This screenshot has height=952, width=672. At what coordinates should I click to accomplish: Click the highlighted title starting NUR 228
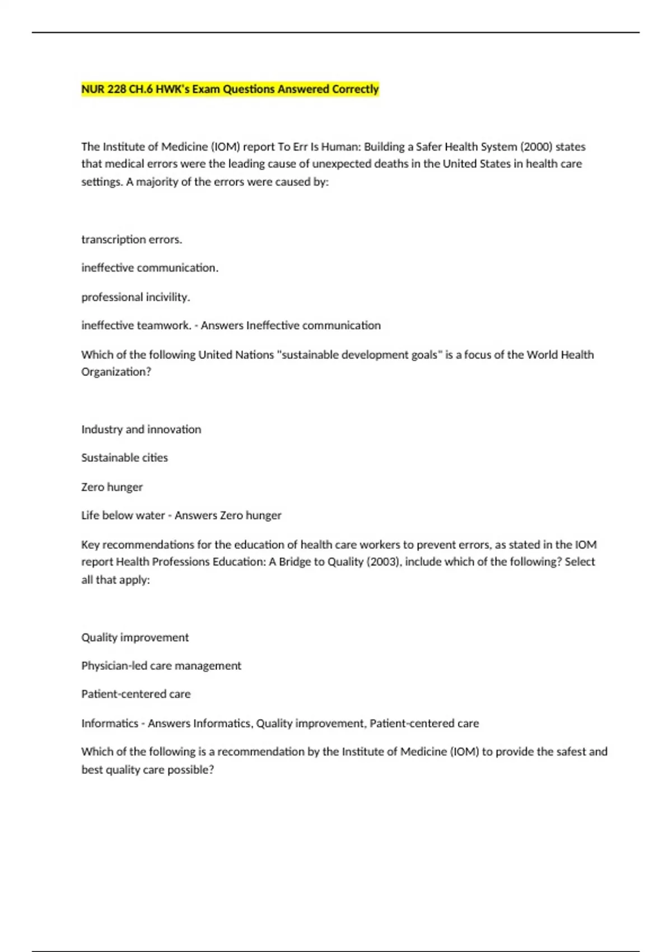[230, 89]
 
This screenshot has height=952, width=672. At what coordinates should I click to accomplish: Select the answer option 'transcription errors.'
[132, 240]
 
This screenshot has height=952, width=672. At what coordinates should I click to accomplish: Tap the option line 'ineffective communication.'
[150, 268]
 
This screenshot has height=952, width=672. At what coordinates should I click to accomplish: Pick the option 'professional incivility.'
[136, 297]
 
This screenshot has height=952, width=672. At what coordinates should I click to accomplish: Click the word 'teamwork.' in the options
[167, 325]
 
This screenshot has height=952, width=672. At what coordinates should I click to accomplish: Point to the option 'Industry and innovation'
[141, 430]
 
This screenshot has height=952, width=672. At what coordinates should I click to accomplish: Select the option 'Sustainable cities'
[124, 458]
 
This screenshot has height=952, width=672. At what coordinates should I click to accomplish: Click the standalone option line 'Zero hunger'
[112, 487]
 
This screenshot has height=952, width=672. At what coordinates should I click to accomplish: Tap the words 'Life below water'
[123, 515]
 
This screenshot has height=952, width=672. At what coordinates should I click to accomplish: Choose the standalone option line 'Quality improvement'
[135, 637]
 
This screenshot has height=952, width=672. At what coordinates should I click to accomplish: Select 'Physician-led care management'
[161, 666]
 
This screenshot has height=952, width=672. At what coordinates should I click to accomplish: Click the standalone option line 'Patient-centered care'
[136, 694]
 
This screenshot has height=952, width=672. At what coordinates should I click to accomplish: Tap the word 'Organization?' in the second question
[116, 372]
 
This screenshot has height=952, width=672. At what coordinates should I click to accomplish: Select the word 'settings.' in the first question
[102, 182]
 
